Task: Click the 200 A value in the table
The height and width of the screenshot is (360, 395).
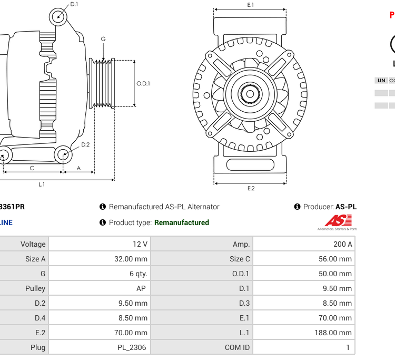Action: pyautogui.click(x=342, y=244)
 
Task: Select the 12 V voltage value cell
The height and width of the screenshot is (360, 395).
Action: pyautogui.click(x=141, y=244)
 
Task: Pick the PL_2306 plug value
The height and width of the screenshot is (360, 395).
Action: pyautogui.click(x=132, y=347)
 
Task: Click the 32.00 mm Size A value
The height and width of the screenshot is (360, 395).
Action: pyautogui.click(x=134, y=259)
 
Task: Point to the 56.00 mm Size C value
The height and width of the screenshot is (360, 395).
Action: pyautogui.click(x=338, y=259)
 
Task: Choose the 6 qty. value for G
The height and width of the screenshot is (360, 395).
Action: pyautogui.click(x=139, y=274)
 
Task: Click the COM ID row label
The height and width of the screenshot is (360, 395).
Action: pyautogui.click(x=237, y=347)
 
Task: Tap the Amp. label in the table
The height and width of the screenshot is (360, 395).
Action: pyautogui.click(x=241, y=244)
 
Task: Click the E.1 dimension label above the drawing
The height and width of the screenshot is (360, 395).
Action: pyautogui.click(x=251, y=5)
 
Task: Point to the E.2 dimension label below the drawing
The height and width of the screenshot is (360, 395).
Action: pyautogui.click(x=251, y=189)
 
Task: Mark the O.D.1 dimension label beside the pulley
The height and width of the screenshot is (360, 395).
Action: pyautogui.click(x=143, y=83)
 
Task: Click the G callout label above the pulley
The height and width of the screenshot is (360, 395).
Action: pyautogui.click(x=103, y=39)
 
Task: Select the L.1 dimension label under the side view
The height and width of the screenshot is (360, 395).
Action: pyautogui.click(x=42, y=184)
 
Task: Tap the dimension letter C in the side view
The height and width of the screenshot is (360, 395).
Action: pyautogui.click(x=32, y=168)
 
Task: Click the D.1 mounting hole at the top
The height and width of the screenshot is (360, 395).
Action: pyautogui.click(x=58, y=17)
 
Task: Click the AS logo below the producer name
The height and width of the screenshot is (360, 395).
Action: pyautogui.click(x=337, y=222)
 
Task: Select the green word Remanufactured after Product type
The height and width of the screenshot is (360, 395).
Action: pyautogui.click(x=182, y=222)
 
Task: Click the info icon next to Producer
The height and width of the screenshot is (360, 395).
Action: pyautogui.click(x=297, y=207)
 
